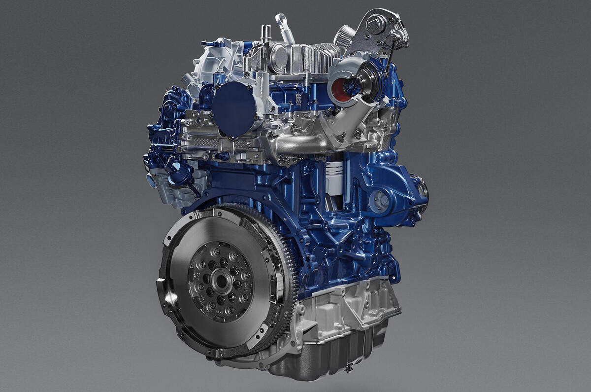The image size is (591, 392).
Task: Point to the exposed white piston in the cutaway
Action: [334, 175]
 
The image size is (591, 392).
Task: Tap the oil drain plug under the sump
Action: [349, 368]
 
